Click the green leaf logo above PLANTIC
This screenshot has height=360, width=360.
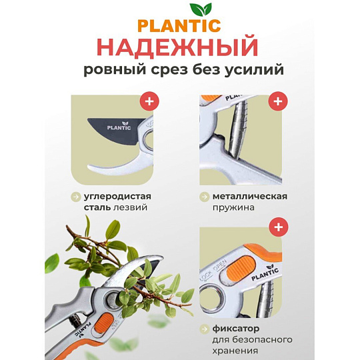201,9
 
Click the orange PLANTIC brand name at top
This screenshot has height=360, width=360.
179,26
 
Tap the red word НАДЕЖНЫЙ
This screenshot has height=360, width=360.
178,47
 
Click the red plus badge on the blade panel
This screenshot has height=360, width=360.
149,101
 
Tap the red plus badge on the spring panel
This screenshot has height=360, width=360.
278,101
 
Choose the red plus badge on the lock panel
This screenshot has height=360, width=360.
278,227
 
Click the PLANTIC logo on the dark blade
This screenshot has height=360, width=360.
119,126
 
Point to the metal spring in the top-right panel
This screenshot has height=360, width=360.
239,129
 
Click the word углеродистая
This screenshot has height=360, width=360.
117,197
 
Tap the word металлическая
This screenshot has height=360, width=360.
250,197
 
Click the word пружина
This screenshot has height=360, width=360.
233,208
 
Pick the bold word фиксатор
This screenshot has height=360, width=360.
236,329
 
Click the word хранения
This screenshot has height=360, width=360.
235,351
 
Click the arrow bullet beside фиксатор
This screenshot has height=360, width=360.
204,329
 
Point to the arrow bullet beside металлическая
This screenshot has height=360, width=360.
204,197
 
